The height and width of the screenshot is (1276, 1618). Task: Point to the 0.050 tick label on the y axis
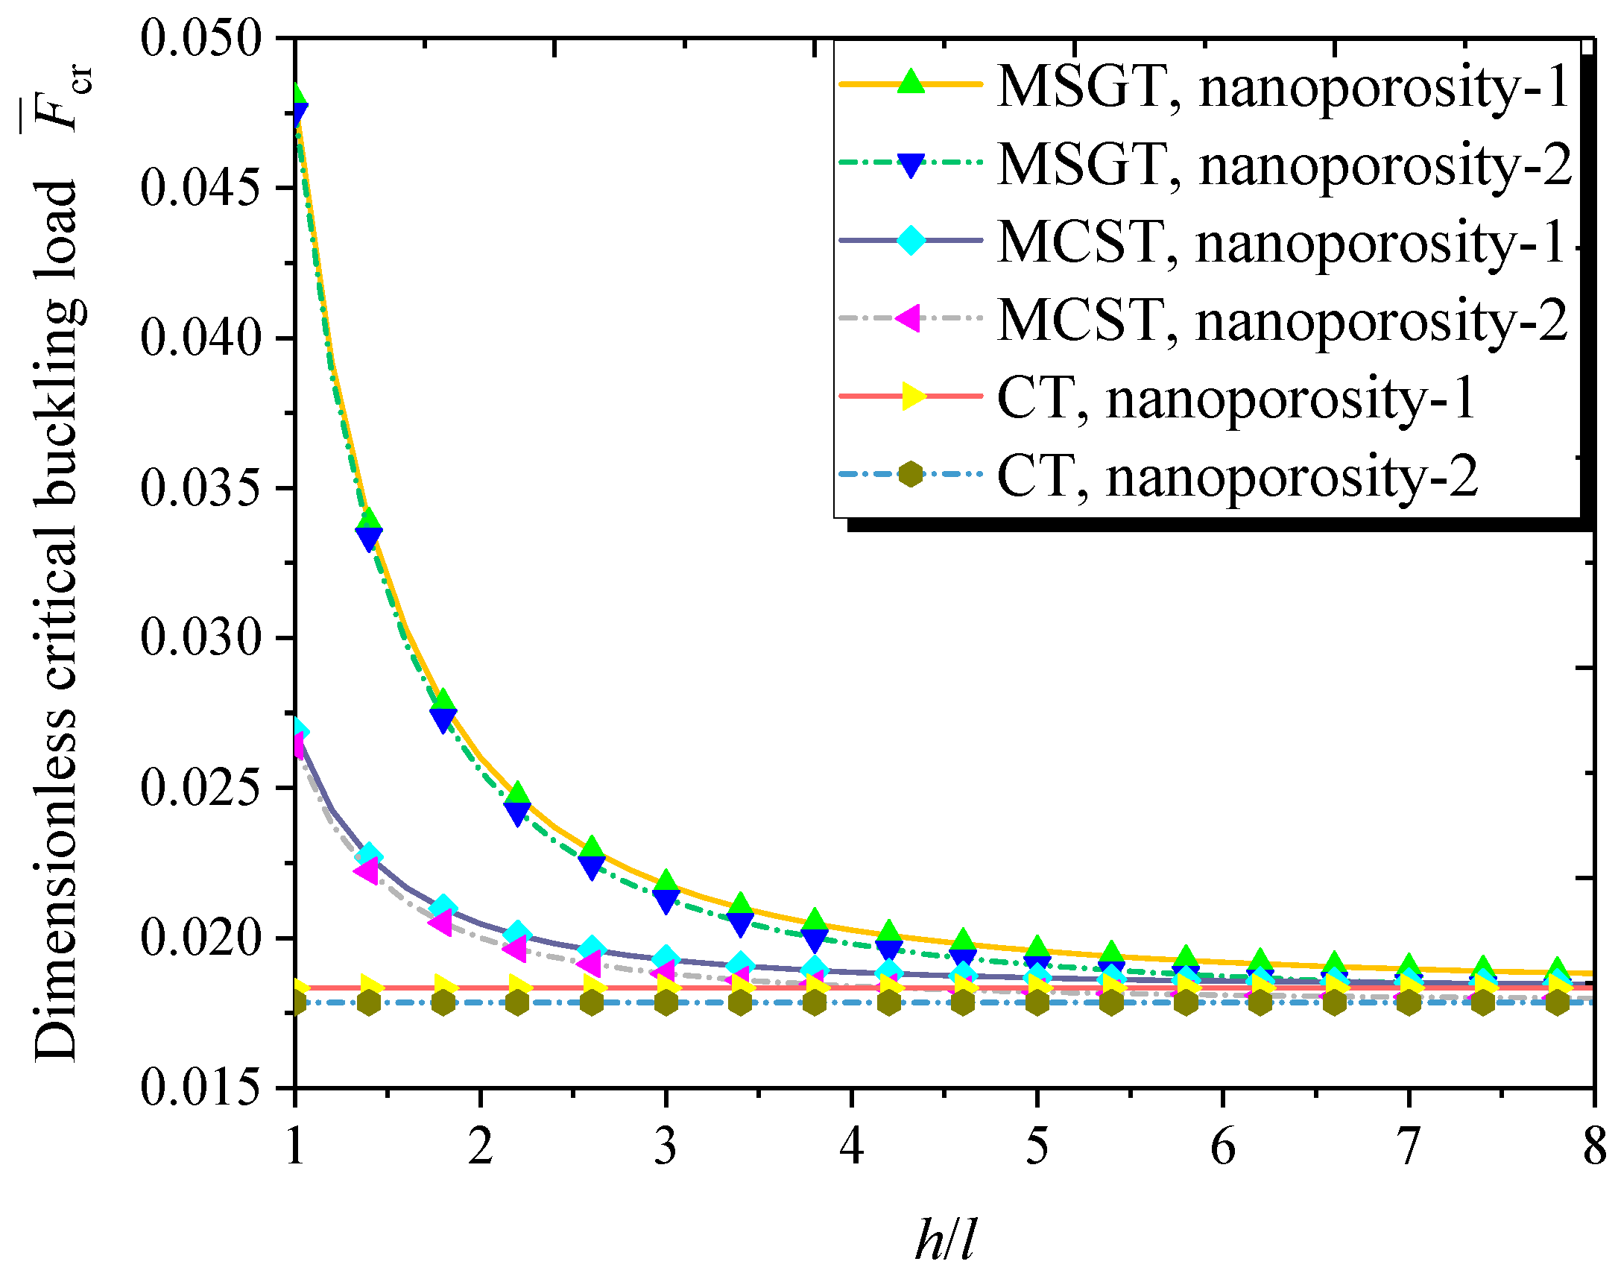[x=202, y=37]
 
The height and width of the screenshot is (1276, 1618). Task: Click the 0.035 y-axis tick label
[x=202, y=488]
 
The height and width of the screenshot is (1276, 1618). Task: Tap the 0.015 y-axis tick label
[x=202, y=1088]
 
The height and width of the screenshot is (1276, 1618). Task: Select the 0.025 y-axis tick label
[x=202, y=788]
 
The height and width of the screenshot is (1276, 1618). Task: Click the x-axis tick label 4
[x=852, y=1147]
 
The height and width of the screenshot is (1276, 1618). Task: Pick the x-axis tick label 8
[x=1594, y=1147]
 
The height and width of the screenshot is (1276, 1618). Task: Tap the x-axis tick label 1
[x=295, y=1147]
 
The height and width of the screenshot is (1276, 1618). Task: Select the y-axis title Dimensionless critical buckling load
[x=56, y=620]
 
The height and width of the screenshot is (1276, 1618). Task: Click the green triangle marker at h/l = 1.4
[x=369, y=521]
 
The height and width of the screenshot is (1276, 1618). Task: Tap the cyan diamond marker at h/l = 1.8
[x=443, y=908]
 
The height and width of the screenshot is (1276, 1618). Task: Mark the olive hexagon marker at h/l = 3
[x=666, y=1002]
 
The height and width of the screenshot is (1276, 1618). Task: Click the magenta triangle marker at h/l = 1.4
[x=367, y=871]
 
